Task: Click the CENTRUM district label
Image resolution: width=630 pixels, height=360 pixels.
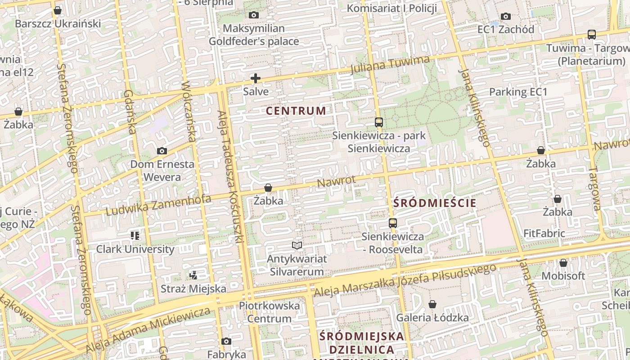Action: (296, 111)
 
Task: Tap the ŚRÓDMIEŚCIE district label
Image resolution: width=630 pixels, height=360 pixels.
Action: (435, 203)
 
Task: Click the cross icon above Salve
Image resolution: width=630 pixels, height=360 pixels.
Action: (256, 78)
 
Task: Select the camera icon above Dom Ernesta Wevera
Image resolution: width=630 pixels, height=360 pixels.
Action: (162, 151)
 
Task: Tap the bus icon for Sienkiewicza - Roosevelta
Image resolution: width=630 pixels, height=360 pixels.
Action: (393, 223)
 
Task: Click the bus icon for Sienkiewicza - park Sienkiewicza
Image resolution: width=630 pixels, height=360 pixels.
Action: (379, 122)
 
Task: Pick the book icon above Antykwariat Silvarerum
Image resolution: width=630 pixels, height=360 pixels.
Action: (297, 245)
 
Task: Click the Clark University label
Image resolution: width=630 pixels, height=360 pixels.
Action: (135, 249)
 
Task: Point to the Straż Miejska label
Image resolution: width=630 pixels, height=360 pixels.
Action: (193, 288)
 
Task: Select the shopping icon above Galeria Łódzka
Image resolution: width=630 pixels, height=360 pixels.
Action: (432, 305)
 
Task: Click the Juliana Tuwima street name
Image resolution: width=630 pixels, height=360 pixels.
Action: (390, 64)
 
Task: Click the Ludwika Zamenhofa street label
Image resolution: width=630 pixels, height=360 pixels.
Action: (158, 205)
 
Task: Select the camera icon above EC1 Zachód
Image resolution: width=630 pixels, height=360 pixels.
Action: (506, 16)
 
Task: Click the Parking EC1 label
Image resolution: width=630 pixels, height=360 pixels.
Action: (518, 92)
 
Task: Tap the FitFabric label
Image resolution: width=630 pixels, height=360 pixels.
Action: (544, 234)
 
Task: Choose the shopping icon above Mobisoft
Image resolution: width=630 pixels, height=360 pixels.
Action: (563, 263)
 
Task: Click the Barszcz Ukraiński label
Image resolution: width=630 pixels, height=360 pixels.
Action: (58, 23)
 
